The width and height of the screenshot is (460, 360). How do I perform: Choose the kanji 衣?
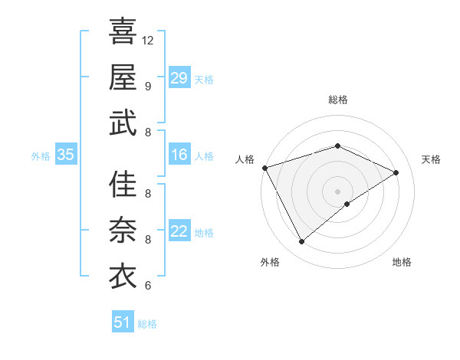click(x=123, y=277)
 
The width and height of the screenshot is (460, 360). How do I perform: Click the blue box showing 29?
click(x=179, y=77)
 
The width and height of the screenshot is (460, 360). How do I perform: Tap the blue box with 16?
click(x=179, y=155)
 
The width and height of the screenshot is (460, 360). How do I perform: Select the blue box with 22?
click(x=179, y=231)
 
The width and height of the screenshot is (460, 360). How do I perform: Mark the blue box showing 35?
click(x=66, y=155)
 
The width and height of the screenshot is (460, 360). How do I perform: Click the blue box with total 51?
click(x=123, y=322)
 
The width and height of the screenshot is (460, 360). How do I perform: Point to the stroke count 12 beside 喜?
click(x=149, y=39)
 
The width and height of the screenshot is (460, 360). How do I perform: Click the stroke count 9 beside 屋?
click(x=148, y=86)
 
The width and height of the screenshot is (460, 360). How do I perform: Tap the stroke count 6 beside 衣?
click(x=148, y=286)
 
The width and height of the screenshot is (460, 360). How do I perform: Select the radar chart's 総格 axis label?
click(x=337, y=100)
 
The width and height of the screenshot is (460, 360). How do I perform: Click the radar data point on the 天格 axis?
click(x=396, y=172)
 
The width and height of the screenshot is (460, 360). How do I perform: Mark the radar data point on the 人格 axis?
click(x=264, y=168)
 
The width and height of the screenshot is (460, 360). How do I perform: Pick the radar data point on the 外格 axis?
click(x=301, y=242)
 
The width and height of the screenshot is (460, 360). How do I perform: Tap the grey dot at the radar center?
click(x=337, y=191)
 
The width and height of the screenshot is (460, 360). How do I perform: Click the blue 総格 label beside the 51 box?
click(x=147, y=324)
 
